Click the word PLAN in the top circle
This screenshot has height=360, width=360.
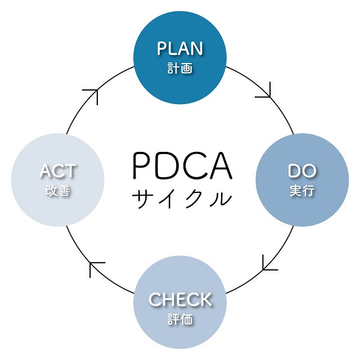tap(180, 48)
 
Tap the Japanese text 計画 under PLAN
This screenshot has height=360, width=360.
tap(180, 69)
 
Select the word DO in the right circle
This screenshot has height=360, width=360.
tap(302, 171)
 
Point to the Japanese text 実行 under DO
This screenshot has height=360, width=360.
tap(302, 191)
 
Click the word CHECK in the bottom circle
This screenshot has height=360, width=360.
tap(180, 299)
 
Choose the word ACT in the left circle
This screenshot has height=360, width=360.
tap(58, 171)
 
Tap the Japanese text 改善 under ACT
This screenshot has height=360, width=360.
tap(58, 191)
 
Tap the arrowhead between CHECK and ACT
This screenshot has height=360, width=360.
tap(97, 268)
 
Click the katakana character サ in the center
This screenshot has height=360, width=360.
tap(142, 198)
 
